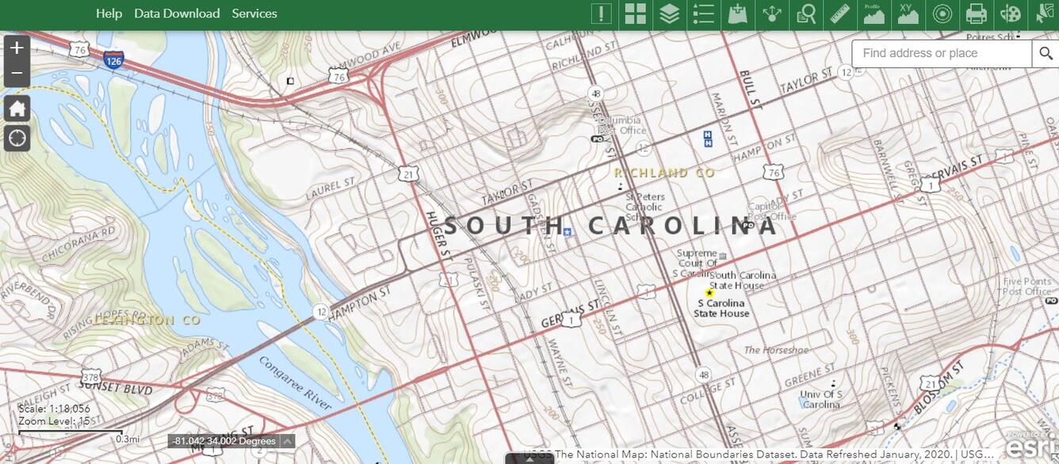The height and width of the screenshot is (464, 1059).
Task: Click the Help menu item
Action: click(x=109, y=13)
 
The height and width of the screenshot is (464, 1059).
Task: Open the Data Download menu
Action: click(x=177, y=13)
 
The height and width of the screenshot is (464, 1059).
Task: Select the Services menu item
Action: click(x=254, y=13)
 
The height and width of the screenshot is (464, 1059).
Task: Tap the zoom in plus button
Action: click(x=17, y=48)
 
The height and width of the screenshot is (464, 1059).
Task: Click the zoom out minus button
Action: click(x=17, y=76)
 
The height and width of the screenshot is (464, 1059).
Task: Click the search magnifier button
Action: click(x=1045, y=54)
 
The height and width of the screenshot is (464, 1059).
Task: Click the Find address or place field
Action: click(x=942, y=54)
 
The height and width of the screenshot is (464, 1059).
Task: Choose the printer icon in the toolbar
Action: click(x=976, y=14)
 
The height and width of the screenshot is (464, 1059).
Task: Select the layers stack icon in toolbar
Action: click(x=670, y=14)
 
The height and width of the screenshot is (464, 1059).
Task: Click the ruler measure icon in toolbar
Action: click(x=839, y=14)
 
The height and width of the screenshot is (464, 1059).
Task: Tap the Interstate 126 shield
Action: click(x=113, y=59)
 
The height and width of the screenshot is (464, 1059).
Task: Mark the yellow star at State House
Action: click(x=709, y=293)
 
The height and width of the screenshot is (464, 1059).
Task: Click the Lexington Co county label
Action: click(x=147, y=321)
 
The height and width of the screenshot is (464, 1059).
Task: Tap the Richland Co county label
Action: click(x=664, y=173)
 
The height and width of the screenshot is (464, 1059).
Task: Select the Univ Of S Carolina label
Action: click(x=821, y=399)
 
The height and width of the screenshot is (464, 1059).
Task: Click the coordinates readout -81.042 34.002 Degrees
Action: click(x=225, y=441)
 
